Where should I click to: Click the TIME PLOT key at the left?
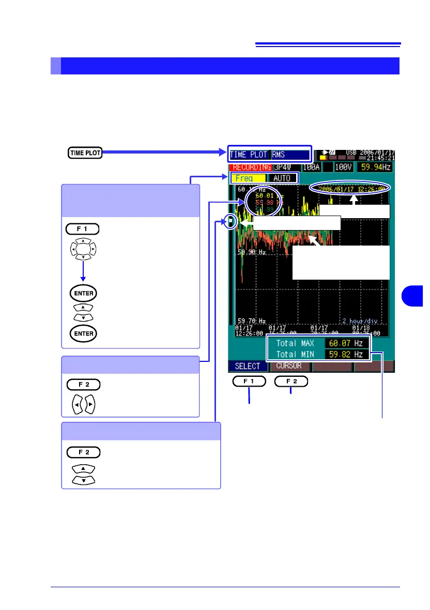(x=85, y=153)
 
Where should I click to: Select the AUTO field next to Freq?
(x=283, y=178)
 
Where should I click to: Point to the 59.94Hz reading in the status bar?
(x=376, y=167)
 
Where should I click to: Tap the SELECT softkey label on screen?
(x=248, y=365)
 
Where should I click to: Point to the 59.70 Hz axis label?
(x=251, y=320)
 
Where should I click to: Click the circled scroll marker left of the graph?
(x=232, y=222)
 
